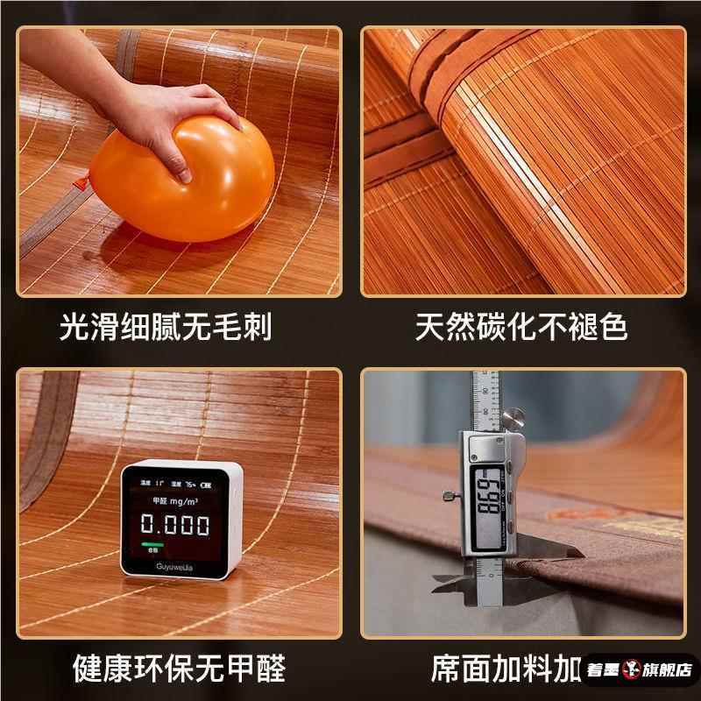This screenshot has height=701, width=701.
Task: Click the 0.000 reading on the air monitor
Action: pyautogui.click(x=176, y=526)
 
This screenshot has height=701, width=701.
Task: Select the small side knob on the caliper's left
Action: pyautogui.click(x=450, y=497)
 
